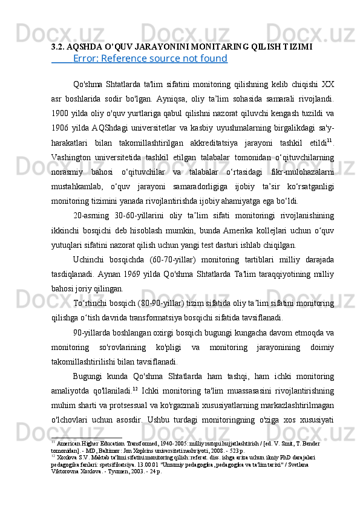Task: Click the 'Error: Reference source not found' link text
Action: click(149, 59)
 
